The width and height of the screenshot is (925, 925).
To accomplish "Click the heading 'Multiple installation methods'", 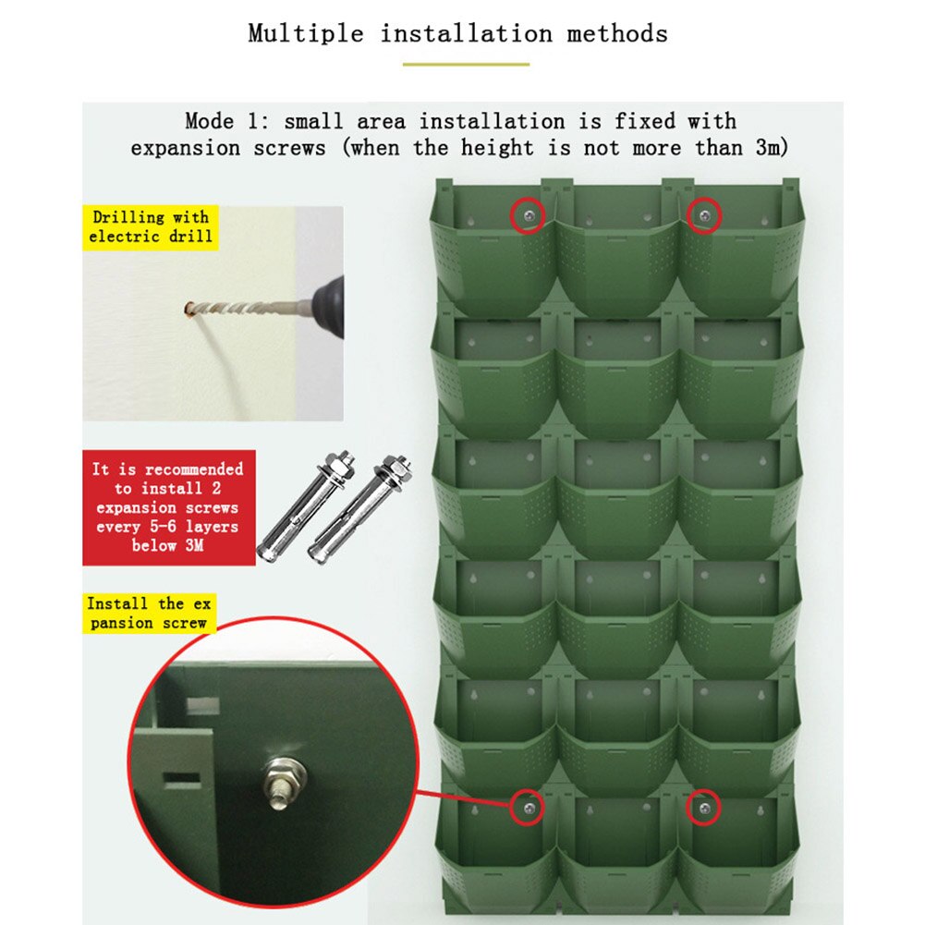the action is [x=457, y=33].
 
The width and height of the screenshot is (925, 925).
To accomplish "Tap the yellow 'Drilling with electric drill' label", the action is [x=151, y=227].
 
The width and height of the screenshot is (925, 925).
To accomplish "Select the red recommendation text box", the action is [x=169, y=507].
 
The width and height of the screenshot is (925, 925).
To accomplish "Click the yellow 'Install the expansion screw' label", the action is [x=150, y=614].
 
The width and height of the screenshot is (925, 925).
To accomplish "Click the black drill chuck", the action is [x=329, y=307].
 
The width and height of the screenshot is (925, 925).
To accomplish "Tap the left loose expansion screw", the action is [x=306, y=506].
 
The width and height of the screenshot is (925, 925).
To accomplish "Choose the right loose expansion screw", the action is [x=359, y=509].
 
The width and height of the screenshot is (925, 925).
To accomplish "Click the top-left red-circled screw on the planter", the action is [x=529, y=216].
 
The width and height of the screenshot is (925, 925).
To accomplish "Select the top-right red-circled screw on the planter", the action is [x=704, y=216].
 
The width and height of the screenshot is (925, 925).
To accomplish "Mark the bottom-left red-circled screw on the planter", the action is [x=529, y=808].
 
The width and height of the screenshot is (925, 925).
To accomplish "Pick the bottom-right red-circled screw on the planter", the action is [x=704, y=808].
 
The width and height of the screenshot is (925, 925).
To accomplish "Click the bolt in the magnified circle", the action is [x=285, y=781].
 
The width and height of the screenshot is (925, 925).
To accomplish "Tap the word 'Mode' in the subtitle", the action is [x=210, y=122].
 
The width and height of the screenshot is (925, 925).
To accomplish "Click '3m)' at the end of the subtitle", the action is [x=772, y=148].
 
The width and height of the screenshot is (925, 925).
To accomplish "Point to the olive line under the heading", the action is [x=466, y=65].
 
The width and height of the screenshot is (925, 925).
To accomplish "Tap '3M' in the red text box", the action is [x=195, y=545].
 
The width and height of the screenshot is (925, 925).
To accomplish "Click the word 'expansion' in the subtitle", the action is [x=185, y=148].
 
